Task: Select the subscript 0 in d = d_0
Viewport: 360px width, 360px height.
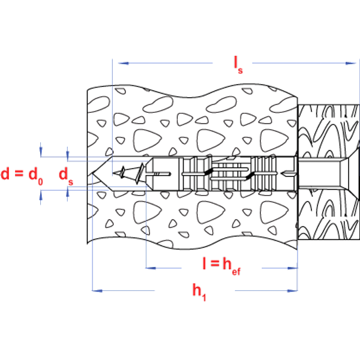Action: [41, 179]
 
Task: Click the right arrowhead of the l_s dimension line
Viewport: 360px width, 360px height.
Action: [349, 62]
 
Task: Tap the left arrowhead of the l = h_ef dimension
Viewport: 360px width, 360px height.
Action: [149, 268]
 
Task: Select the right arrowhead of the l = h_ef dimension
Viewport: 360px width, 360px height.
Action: [293, 268]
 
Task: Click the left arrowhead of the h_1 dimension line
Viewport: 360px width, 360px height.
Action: [95, 291]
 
